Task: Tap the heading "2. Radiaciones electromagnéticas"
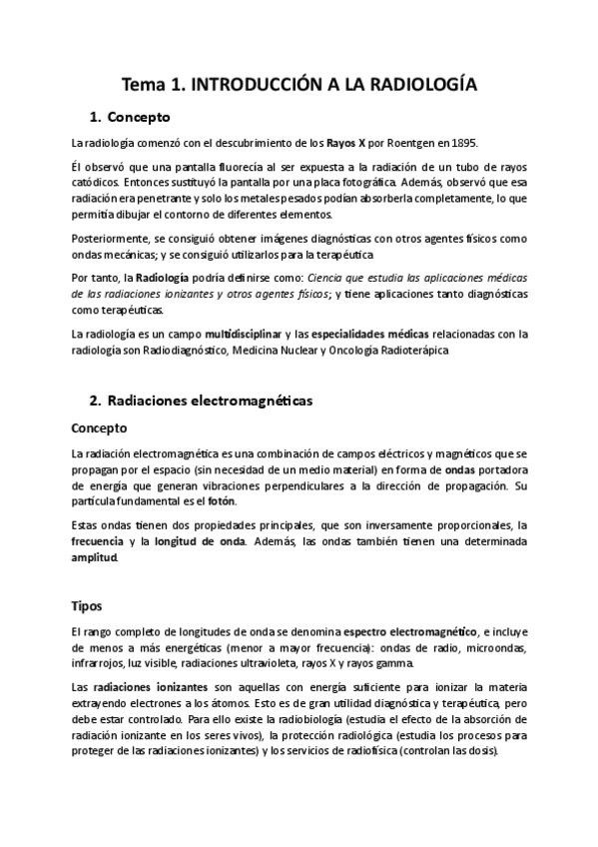[x=200, y=401]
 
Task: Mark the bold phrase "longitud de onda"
[x=205, y=541]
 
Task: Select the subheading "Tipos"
[x=87, y=606]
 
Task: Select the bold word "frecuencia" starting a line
[x=98, y=541]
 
